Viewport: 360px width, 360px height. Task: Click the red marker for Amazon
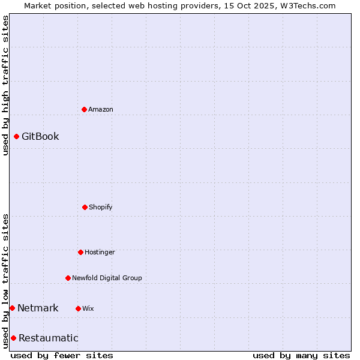[x=84, y=109]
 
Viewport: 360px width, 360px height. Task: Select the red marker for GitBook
[x=16, y=136]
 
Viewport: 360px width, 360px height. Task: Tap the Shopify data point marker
[x=85, y=207]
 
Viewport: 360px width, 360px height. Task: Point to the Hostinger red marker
[x=80, y=252]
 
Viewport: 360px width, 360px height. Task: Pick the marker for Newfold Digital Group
[x=68, y=278]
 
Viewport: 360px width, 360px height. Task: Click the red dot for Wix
[x=78, y=308]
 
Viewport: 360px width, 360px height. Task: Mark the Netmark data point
[x=12, y=308]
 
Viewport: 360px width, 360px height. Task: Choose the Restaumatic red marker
[x=13, y=338]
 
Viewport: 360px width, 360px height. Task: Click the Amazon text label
[x=101, y=109]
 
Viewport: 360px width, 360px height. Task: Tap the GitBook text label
[x=40, y=136]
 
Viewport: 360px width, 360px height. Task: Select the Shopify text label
[x=101, y=207]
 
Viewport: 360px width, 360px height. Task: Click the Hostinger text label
[x=100, y=252]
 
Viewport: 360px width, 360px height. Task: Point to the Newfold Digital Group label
[x=107, y=278]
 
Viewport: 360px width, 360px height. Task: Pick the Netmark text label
[x=38, y=308]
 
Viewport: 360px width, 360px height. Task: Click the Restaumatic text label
[x=48, y=338]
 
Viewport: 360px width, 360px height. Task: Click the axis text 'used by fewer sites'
[x=62, y=355]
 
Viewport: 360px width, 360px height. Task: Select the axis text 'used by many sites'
[x=301, y=355]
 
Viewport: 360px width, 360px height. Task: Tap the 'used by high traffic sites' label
[x=5, y=85]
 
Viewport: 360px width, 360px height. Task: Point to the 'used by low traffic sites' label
[x=5, y=281]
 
